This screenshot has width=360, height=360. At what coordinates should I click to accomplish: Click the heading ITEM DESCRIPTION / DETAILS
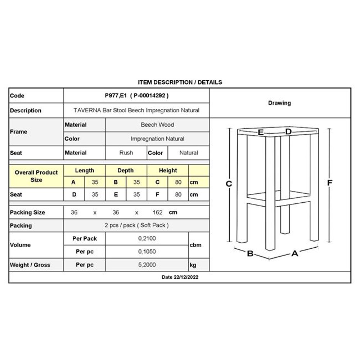(180, 82)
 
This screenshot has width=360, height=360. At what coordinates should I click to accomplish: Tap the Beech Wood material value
(157, 125)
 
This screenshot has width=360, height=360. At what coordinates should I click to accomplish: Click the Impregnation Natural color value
(157, 139)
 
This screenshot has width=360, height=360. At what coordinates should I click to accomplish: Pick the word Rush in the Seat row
(126, 153)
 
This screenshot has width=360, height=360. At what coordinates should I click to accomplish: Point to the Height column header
(168, 170)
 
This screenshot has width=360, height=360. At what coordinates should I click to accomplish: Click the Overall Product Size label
(36, 176)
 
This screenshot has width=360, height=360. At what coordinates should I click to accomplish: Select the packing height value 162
(158, 212)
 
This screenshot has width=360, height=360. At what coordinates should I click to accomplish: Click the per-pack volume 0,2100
(147, 238)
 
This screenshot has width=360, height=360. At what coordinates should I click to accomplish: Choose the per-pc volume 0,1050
(147, 252)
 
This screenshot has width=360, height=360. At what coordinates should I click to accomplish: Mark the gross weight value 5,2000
(147, 265)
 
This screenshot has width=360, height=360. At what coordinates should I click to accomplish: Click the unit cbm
(195, 245)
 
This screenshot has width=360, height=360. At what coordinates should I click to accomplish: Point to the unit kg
(193, 265)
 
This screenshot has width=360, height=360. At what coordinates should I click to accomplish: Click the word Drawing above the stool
(279, 103)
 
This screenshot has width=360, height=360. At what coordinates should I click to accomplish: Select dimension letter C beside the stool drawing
(229, 184)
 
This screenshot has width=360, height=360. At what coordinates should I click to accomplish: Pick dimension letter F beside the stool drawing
(329, 183)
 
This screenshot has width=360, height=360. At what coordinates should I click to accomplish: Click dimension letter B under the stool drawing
(250, 253)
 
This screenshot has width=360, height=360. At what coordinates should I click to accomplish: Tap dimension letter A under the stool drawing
(295, 253)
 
